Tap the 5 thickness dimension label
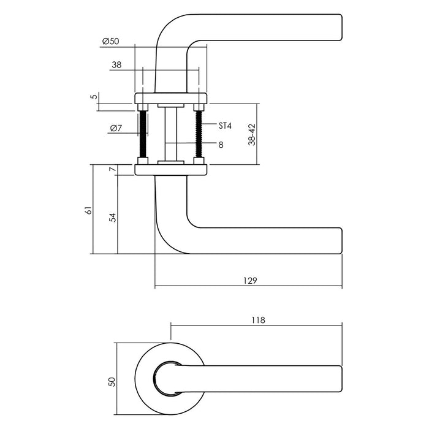click(x=93, y=97)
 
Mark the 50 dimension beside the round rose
click(x=112, y=381)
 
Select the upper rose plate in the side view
click(x=170, y=98)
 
